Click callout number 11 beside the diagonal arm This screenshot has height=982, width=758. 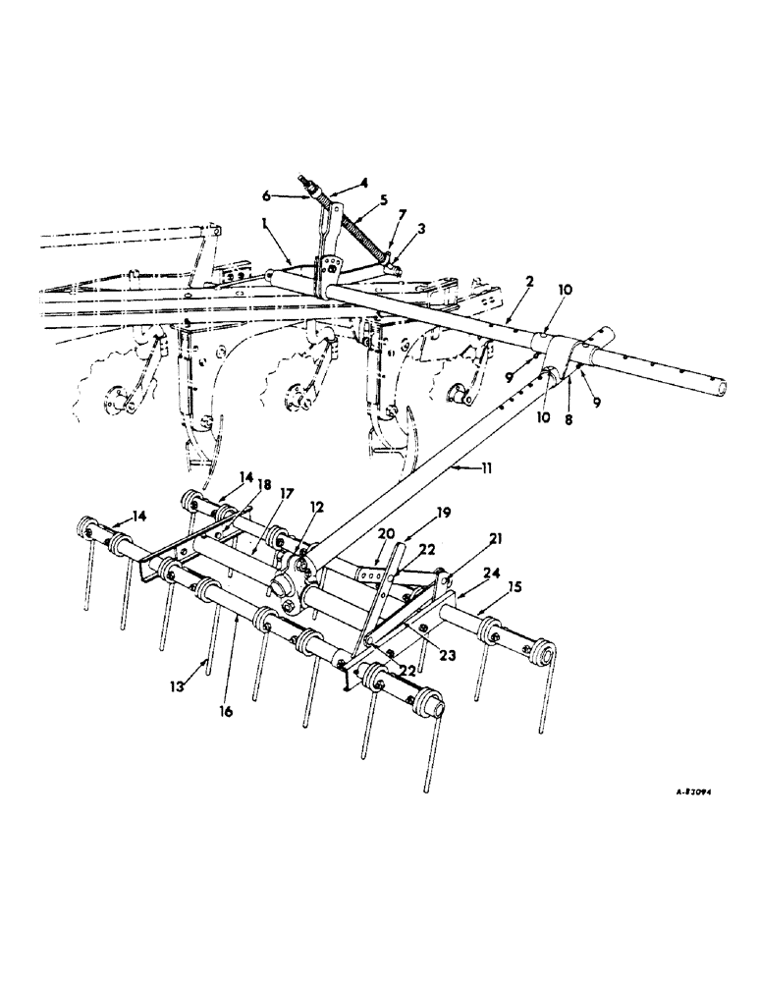tap(488, 470)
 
